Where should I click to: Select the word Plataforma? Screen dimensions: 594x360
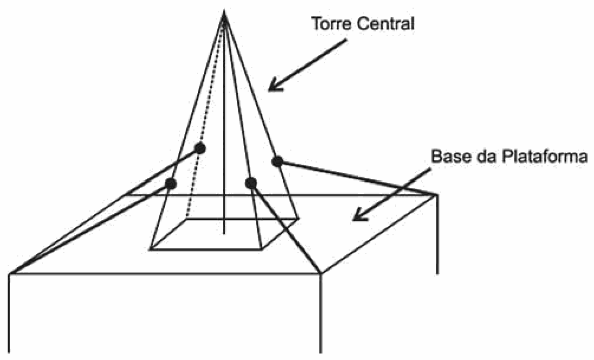coord(544,156)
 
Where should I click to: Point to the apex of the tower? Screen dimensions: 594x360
coord(224,11)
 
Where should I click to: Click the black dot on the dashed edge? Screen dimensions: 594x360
coord(200,148)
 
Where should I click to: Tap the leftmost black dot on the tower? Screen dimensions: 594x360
coord(170,184)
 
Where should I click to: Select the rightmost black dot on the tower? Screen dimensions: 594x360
coord(277,161)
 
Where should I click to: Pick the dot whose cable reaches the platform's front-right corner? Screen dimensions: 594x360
coord(251,183)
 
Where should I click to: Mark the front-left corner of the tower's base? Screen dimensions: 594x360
coord(150,249)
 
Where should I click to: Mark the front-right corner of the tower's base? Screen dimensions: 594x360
coord(262,249)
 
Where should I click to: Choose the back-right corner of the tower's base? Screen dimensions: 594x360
coord(299,218)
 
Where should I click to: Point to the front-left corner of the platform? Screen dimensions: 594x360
coord(9,274)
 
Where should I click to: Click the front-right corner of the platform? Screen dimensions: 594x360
coord(322,273)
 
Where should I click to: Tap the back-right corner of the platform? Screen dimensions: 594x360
coord(437,195)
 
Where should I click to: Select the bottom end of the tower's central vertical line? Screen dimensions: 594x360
coord(224,233)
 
